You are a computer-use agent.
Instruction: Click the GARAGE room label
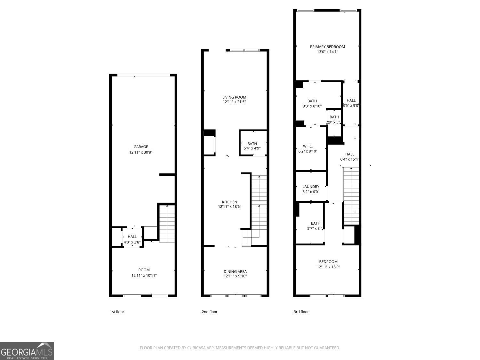pyautogui.click(x=140, y=147)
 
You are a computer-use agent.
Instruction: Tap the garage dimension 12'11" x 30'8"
pyautogui.click(x=140, y=152)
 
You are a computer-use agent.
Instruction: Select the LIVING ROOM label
pyautogui.click(x=234, y=97)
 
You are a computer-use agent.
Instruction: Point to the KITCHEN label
pyautogui.click(x=229, y=202)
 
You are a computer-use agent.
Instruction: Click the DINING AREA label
pyautogui.click(x=235, y=271)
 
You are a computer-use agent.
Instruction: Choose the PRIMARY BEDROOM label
pyautogui.click(x=327, y=46)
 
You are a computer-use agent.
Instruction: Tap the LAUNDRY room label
pyautogui.click(x=311, y=187)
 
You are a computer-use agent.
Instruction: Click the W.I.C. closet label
pyautogui.click(x=308, y=146)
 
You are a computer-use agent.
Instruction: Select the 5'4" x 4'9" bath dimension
pyautogui.click(x=252, y=148)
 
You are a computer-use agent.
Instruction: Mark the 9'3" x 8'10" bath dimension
pyautogui.click(x=312, y=106)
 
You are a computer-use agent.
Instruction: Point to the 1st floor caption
pyautogui.click(x=117, y=312)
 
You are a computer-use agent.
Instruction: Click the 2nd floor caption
pyautogui.click(x=210, y=312)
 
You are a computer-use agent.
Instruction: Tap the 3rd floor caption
pyautogui.click(x=301, y=312)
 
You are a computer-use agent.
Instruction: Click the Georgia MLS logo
pyautogui.click(x=27, y=351)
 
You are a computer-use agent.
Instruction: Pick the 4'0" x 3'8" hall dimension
pyautogui.click(x=132, y=242)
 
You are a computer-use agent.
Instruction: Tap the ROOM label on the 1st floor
pyautogui.click(x=144, y=270)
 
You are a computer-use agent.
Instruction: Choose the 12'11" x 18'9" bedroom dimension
pyautogui.click(x=328, y=267)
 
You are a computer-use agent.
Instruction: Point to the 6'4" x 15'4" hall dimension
pyautogui.click(x=349, y=159)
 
